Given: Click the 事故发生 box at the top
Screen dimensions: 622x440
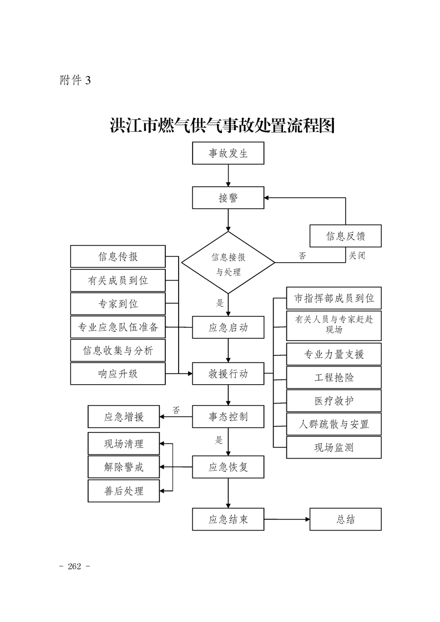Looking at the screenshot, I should point(228,154).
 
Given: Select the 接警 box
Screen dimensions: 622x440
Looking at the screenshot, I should point(228,198).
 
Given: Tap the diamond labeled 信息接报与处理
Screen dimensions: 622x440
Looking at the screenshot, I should point(228,263).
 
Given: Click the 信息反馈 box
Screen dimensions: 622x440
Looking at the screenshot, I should point(345,236).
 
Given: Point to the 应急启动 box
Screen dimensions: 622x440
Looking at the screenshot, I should point(228,327).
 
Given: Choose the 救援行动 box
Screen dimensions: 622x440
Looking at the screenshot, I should point(228,374).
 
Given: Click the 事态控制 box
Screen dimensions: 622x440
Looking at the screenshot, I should point(228,416).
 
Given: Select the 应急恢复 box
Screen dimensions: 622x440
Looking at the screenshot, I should point(228,467).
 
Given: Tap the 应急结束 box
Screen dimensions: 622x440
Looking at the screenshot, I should point(228,519).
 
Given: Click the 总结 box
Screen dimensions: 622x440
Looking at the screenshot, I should point(345,519).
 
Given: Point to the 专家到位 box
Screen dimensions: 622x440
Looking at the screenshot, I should point(118,304).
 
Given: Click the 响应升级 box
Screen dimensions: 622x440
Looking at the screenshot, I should point(118,374).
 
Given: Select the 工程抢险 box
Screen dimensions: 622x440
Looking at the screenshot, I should point(333,378).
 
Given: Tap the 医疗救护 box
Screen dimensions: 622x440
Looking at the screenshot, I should point(333,401).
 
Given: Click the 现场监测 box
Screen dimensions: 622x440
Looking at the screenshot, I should point(333,447).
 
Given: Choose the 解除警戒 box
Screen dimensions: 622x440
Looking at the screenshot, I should point(124,467).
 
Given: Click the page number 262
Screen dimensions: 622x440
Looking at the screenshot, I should point(74,566).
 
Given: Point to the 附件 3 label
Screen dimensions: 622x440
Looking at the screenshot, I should point(74,80).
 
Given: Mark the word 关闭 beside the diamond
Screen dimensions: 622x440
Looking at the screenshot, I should point(357,256).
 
